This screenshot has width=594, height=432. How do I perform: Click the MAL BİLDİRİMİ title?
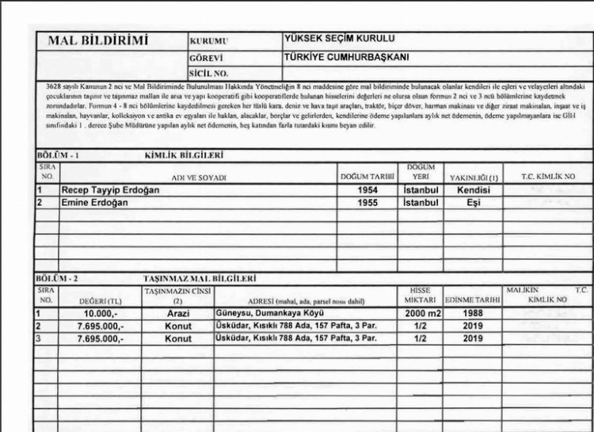[x=98, y=40]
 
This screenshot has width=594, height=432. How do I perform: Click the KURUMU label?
[x=208, y=40]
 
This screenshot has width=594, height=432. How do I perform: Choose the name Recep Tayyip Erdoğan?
[x=110, y=191]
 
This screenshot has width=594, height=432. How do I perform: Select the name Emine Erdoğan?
[x=94, y=203]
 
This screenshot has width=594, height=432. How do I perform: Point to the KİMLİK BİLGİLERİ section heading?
[x=184, y=155]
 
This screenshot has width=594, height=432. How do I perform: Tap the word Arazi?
[x=178, y=314]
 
